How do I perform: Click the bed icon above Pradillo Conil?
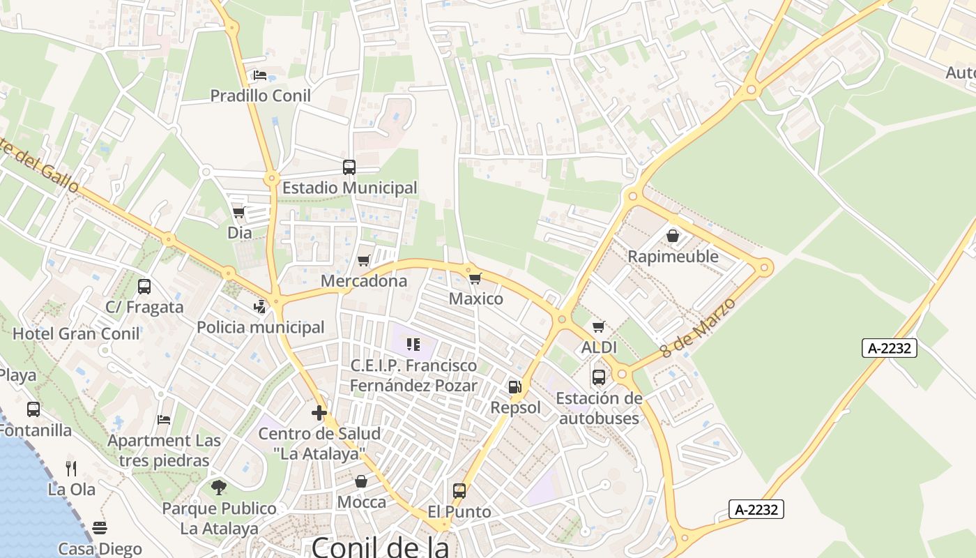[260, 75]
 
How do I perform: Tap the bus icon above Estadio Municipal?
[349, 167]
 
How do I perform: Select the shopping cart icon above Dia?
[239, 213]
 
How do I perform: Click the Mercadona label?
[364, 281]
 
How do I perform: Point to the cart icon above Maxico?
[475, 279]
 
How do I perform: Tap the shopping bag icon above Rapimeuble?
[673, 236]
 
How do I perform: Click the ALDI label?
[599, 347]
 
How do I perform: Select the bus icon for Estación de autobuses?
[599, 377]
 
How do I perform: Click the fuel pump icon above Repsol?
[515, 387]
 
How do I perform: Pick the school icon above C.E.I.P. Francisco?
[413, 345]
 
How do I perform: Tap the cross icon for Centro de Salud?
[319, 413]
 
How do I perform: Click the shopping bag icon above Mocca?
[361, 481]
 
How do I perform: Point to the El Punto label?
[459, 512]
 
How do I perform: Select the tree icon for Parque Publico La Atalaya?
[219, 487]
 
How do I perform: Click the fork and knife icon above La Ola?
[71, 468]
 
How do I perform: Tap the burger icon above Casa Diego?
[100, 528]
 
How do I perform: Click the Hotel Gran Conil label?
[77, 333]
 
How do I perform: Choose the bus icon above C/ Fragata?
[144, 287]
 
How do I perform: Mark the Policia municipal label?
[261, 327]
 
